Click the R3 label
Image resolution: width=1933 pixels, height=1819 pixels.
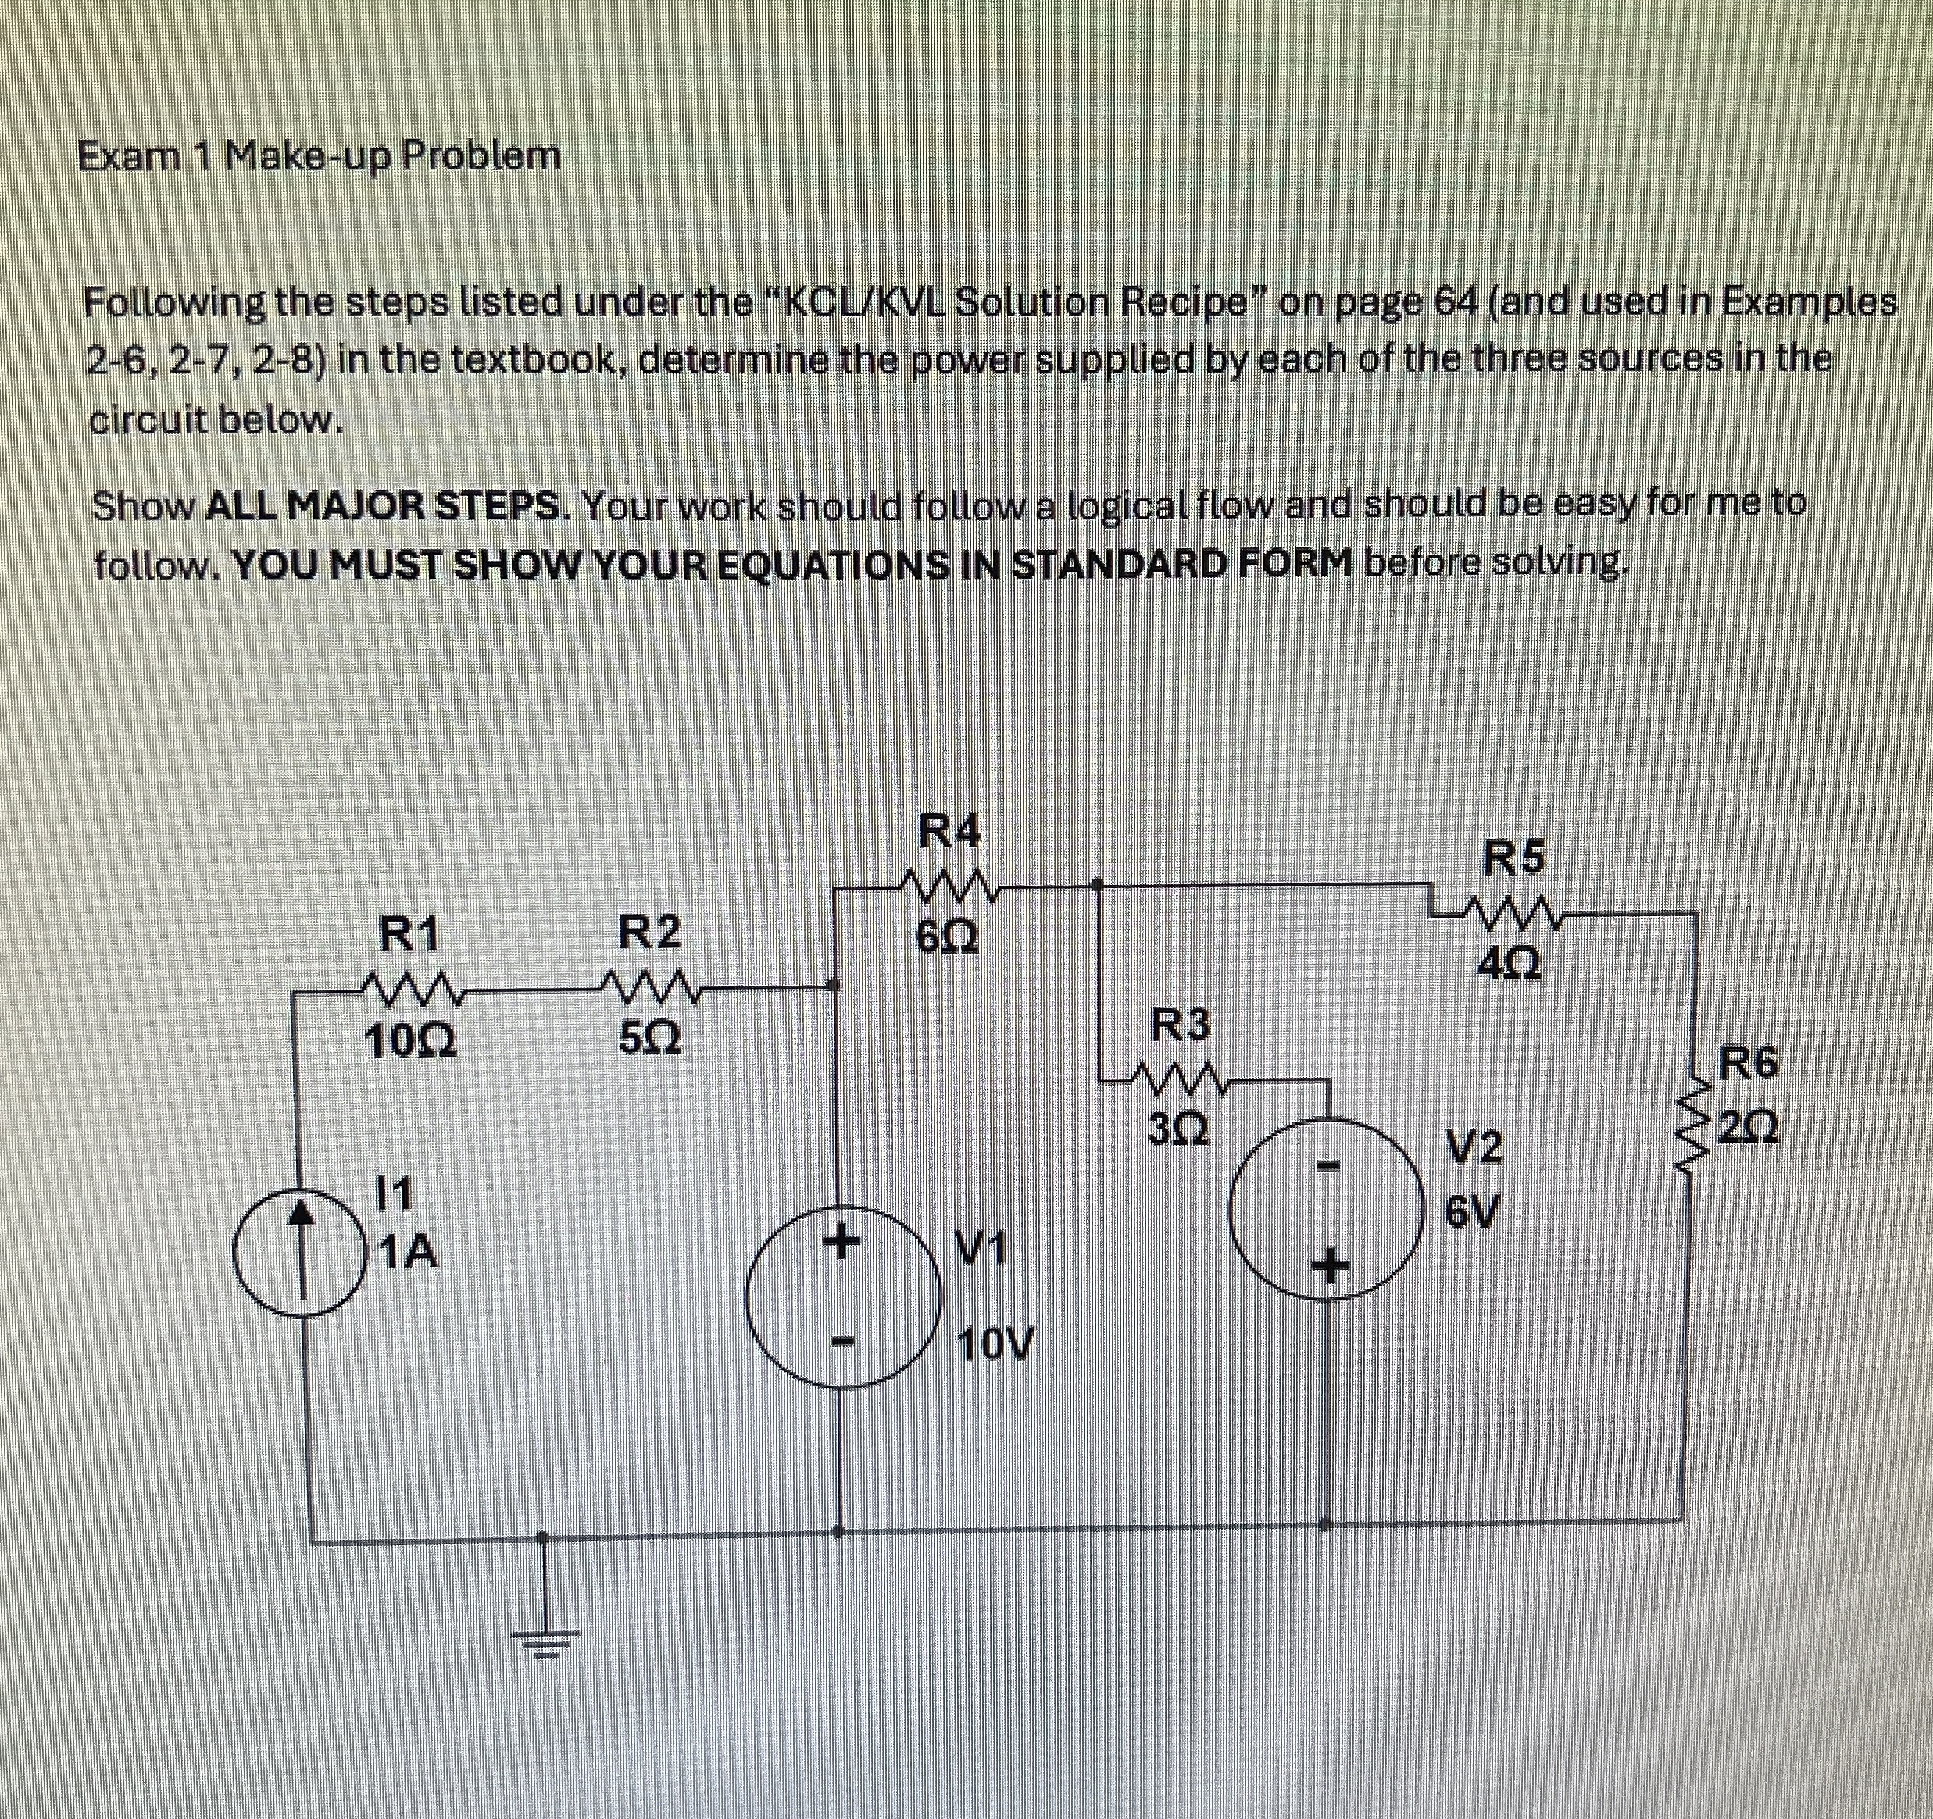click(1181, 1024)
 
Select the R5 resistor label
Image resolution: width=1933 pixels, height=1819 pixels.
click(1516, 858)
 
